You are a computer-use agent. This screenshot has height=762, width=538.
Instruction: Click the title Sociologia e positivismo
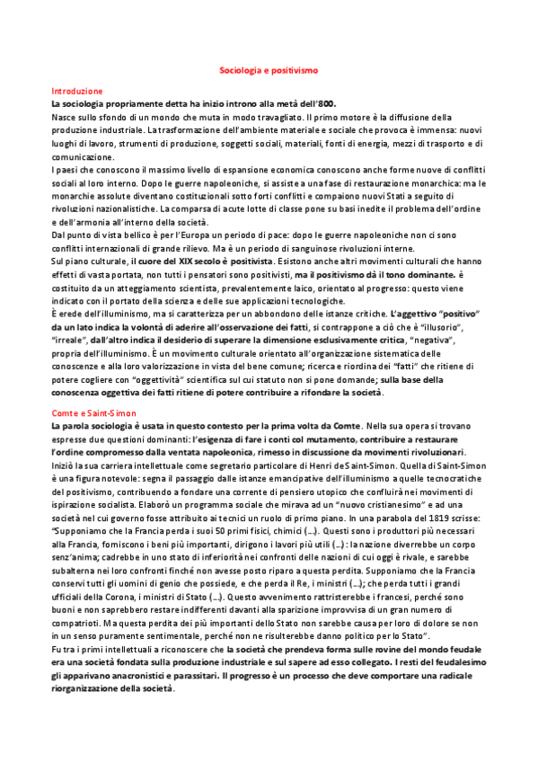[269, 68]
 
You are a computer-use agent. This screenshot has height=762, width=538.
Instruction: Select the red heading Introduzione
[77, 92]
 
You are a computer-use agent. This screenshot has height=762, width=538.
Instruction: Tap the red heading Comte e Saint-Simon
[93, 411]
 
